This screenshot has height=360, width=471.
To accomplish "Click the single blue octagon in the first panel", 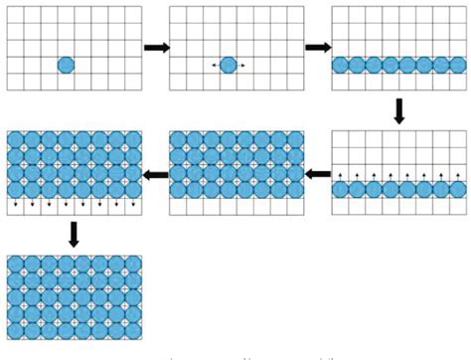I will [x=66, y=65].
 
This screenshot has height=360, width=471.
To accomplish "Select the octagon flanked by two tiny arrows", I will [x=228, y=65].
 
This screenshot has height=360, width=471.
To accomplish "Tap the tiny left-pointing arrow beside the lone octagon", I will [x=215, y=66].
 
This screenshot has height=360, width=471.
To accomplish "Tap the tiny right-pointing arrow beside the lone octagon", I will [x=241, y=66].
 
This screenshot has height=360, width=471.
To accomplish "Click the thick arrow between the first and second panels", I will [x=156, y=47].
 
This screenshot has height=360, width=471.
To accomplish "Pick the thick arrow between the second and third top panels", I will [x=318, y=47].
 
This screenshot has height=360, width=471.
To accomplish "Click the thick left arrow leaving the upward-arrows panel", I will [x=318, y=175].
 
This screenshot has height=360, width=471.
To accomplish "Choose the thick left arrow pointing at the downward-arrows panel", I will [x=156, y=175].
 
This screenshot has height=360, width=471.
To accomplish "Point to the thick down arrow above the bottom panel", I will [x=74, y=235].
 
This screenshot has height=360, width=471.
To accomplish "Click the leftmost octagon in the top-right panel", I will [x=341, y=65].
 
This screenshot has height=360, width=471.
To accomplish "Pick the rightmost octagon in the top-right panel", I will [x=455, y=65].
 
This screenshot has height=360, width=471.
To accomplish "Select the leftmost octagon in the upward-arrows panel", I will [x=341, y=189].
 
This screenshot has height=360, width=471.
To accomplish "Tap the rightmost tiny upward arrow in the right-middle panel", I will [x=456, y=176].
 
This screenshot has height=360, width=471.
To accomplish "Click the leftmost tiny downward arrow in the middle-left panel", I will [x=15, y=206].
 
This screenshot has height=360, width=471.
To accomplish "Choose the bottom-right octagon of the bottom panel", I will [x=132, y=330].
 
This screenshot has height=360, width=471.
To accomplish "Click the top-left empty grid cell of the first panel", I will [x=15, y=15].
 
